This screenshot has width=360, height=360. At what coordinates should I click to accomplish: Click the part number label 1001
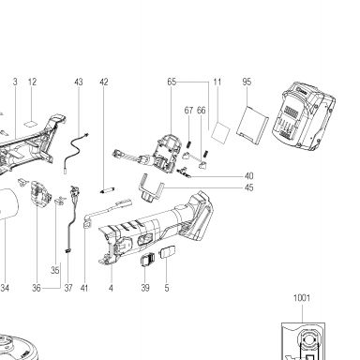click(x=302, y=298)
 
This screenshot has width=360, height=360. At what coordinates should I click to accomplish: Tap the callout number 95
click(x=247, y=82)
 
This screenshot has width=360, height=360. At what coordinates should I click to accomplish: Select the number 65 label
click(x=172, y=82)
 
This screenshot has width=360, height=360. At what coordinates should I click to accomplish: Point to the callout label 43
click(x=79, y=82)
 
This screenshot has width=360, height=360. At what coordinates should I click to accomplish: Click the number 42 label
click(x=104, y=82)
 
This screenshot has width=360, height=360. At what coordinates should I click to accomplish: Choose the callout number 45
click(x=249, y=187)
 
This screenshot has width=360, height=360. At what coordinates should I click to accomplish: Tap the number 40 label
click(x=249, y=176)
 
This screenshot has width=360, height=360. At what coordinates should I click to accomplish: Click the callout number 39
click(x=145, y=288)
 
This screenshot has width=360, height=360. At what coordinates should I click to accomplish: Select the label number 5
click(x=167, y=288)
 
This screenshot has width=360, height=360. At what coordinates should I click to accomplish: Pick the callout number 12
click(x=32, y=82)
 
